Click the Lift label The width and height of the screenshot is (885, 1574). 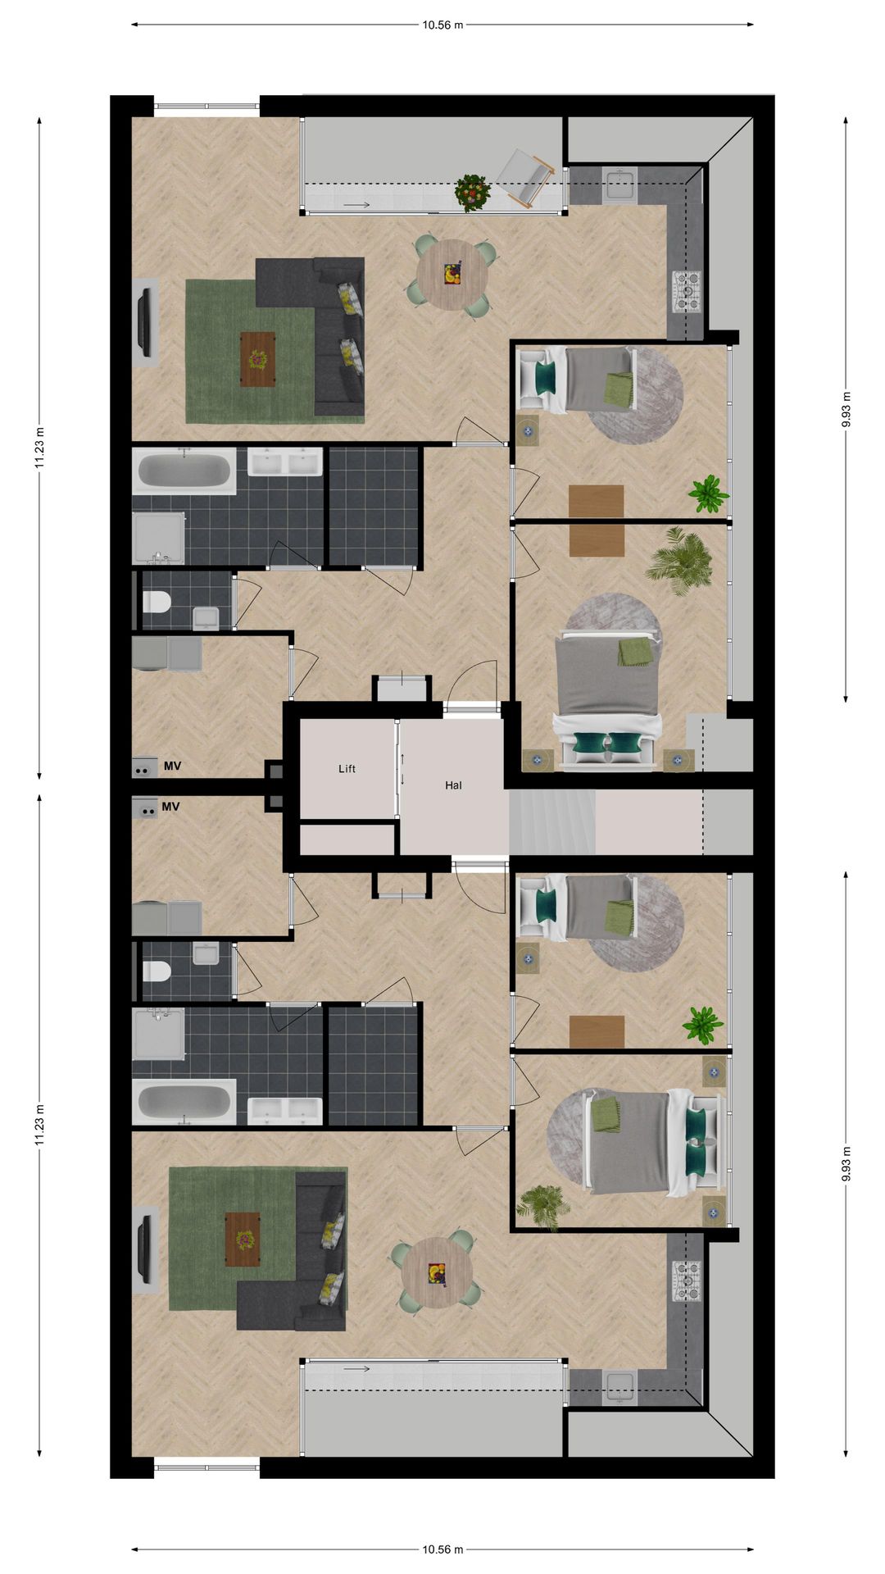click(x=347, y=769)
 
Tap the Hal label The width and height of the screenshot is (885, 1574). click(x=453, y=785)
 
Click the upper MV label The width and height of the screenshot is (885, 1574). click(x=172, y=767)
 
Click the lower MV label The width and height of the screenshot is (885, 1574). click(x=170, y=807)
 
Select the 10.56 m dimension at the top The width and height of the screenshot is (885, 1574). click(x=442, y=25)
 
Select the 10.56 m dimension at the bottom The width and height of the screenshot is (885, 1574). click(x=442, y=1549)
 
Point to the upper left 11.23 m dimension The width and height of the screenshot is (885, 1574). click(x=39, y=448)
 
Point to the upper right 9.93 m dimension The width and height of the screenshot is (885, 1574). click(x=846, y=409)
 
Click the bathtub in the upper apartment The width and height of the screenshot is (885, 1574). click(x=184, y=471)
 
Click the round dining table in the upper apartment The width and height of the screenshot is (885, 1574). click(x=452, y=274)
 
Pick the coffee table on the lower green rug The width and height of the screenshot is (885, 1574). click(x=243, y=1240)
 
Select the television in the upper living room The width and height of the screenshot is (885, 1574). click(x=145, y=321)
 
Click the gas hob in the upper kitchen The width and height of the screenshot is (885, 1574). click(x=687, y=292)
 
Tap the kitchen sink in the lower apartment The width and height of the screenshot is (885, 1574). click(x=619, y=1386)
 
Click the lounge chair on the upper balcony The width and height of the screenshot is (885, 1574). click(x=526, y=178)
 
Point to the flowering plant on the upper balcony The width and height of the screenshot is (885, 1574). click(x=472, y=192)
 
